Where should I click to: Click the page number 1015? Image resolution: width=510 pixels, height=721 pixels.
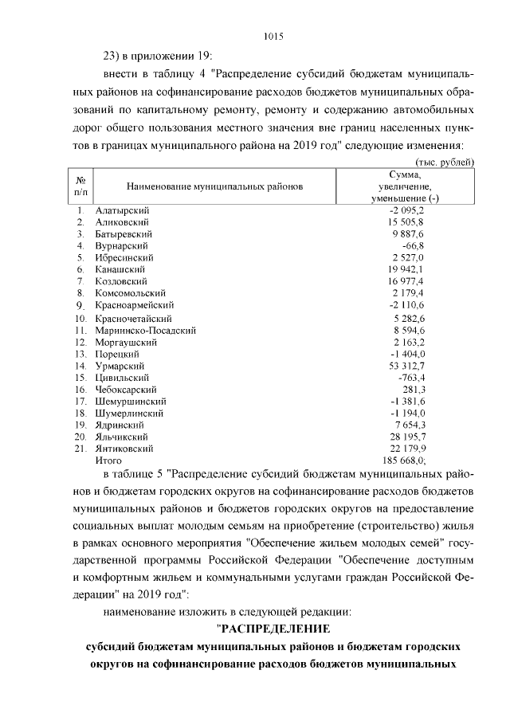click(x=273, y=36)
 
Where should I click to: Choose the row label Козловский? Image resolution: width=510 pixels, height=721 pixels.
click(x=121, y=281)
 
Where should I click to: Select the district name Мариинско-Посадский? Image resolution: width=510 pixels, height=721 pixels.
click(x=146, y=329)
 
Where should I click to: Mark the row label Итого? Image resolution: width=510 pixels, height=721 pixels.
click(x=108, y=460)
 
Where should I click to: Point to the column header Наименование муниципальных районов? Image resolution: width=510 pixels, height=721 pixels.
click(x=215, y=186)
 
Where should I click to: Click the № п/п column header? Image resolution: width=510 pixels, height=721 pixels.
click(x=80, y=186)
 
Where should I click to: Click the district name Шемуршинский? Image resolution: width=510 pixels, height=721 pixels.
click(x=130, y=400)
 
